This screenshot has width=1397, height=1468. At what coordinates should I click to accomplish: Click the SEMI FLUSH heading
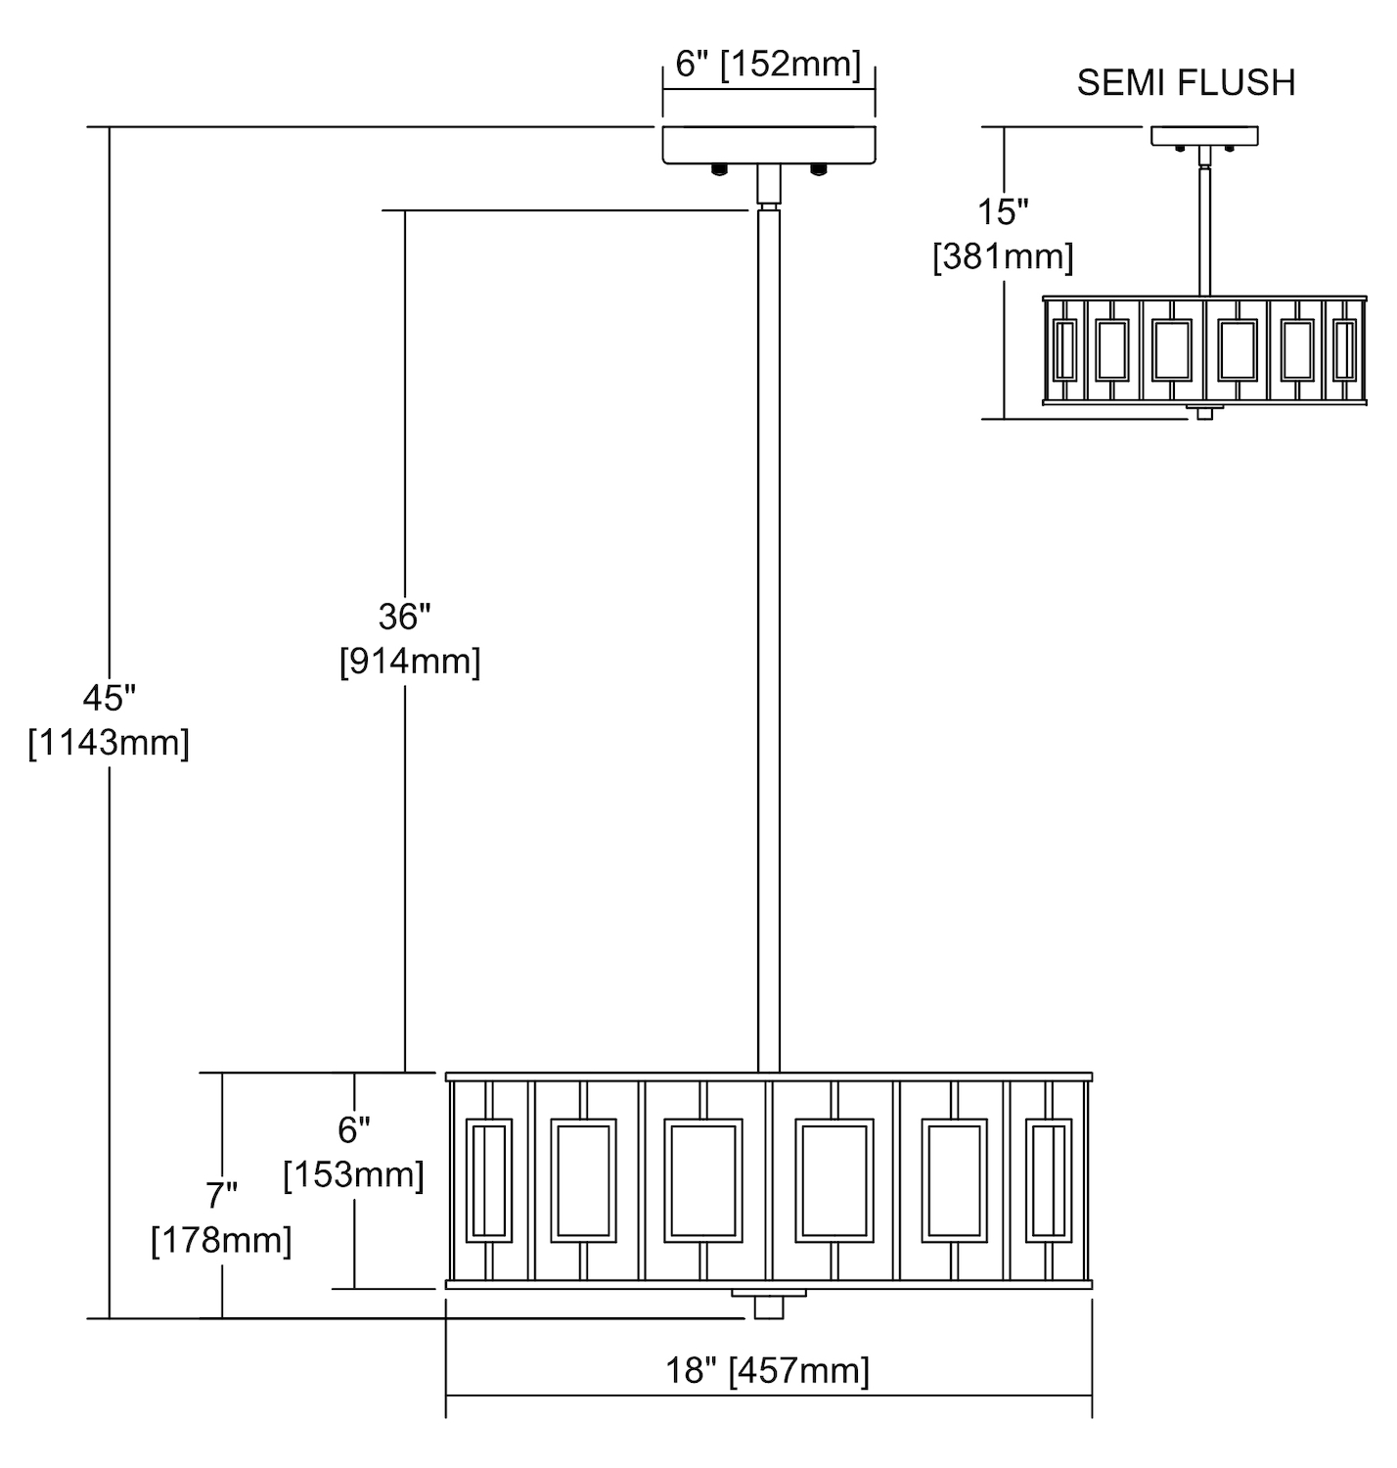click(x=1186, y=83)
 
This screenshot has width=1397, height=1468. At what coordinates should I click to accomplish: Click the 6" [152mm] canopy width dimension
click(x=768, y=66)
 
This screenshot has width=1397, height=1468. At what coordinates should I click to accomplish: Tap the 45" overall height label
click(x=109, y=699)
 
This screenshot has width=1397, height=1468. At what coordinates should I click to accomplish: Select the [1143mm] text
click(x=109, y=744)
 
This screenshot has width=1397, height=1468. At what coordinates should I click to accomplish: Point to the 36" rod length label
click(x=405, y=617)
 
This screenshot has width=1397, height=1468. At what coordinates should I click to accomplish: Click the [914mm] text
click(x=410, y=662)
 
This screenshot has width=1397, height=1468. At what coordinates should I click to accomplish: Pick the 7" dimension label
click(x=222, y=1195)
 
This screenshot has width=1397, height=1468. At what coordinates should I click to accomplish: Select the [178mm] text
click(x=222, y=1241)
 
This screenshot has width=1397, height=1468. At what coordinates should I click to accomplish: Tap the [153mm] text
click(x=353, y=1174)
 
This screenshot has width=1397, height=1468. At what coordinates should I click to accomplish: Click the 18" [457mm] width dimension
click(x=768, y=1370)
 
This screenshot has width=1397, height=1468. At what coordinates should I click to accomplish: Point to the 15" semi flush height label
click(x=1004, y=211)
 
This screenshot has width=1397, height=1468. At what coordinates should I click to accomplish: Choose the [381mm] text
click(x=1004, y=257)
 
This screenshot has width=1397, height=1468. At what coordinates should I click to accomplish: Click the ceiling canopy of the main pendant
click(x=769, y=144)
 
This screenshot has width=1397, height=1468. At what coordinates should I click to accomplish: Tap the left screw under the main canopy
click(x=719, y=169)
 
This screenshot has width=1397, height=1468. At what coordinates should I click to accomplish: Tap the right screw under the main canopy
click(x=819, y=169)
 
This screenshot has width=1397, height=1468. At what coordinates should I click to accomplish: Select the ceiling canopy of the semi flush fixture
click(x=1204, y=136)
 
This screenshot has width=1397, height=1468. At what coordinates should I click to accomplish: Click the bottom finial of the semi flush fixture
click(x=1204, y=413)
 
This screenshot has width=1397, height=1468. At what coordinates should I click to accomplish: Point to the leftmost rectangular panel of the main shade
click(x=490, y=1180)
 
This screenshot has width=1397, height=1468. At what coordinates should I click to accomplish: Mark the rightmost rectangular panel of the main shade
click(x=1048, y=1180)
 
